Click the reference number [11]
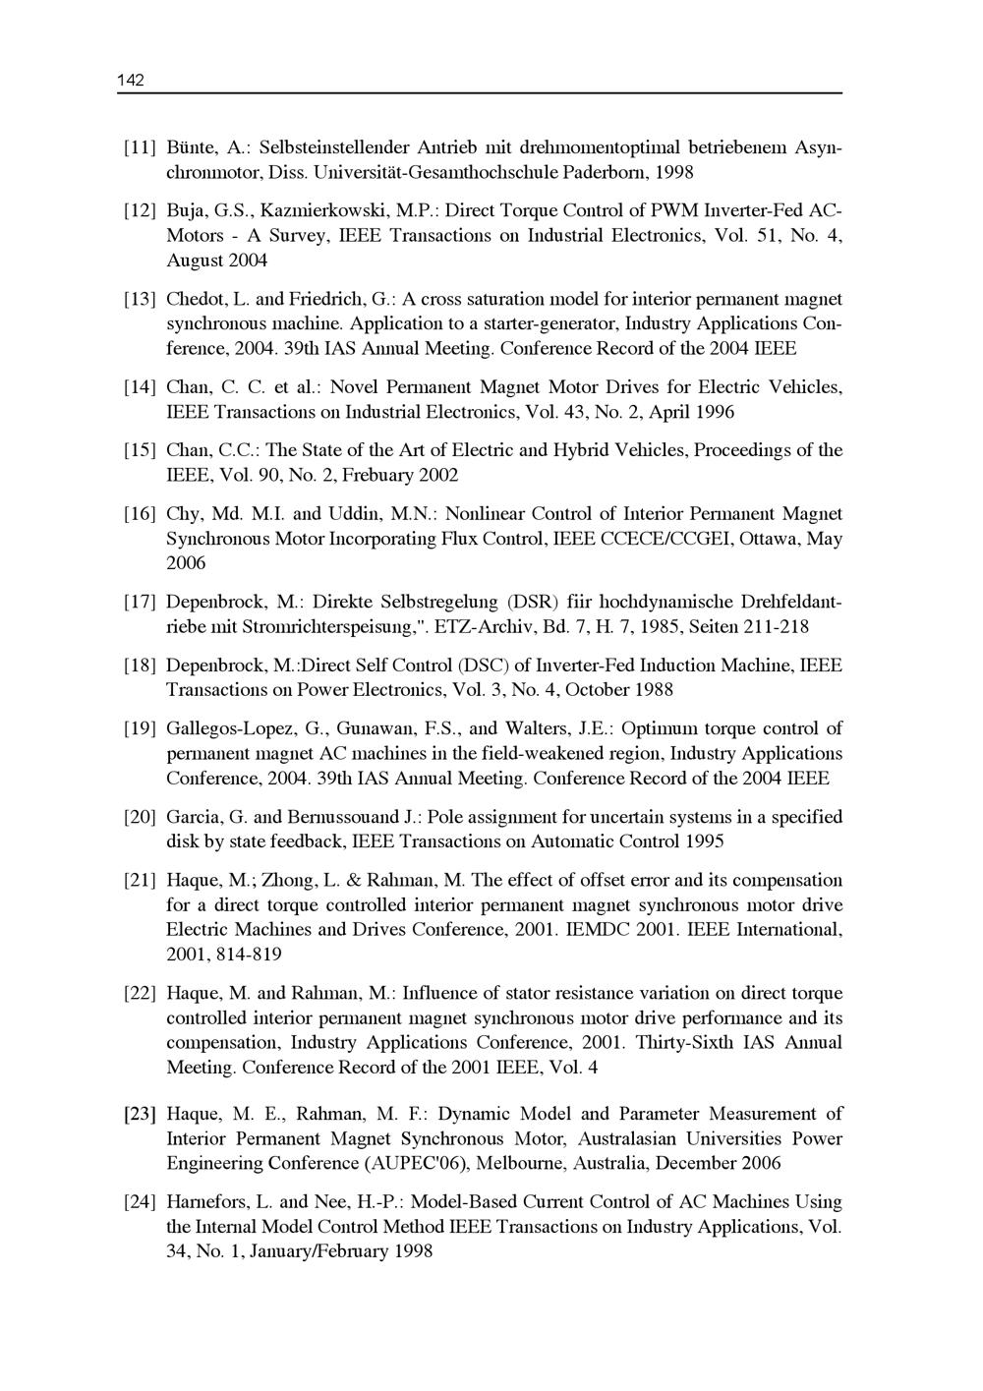click(x=140, y=148)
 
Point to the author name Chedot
click(x=197, y=299)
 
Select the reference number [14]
click(x=140, y=387)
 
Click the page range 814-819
click(x=247, y=955)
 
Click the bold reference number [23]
click(x=140, y=1115)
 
